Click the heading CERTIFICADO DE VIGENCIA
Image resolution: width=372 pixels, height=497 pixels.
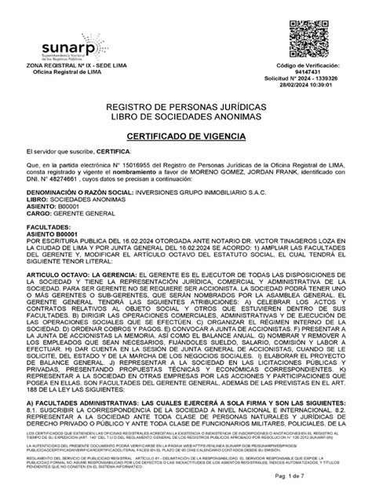185,136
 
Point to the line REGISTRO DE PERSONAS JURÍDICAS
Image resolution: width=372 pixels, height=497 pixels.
185,106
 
